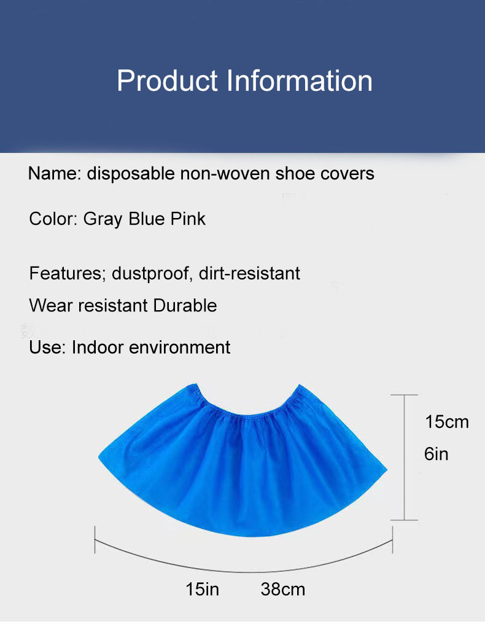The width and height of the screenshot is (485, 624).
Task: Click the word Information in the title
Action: click(x=300, y=81)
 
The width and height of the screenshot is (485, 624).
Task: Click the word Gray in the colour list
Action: click(x=103, y=219)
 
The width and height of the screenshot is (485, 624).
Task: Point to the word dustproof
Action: click(x=152, y=273)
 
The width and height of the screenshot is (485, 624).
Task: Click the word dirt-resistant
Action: click(x=249, y=273)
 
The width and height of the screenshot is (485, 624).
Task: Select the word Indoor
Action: click(x=96, y=347)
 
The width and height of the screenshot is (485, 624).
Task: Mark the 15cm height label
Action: click(x=446, y=422)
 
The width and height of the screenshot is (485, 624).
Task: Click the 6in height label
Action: click(x=437, y=454)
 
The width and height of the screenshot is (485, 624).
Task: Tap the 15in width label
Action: click(x=203, y=590)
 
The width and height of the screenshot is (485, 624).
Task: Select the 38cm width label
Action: click(x=283, y=590)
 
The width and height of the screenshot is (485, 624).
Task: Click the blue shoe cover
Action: click(x=243, y=467)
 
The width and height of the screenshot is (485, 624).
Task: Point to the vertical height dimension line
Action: click(x=404, y=458)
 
